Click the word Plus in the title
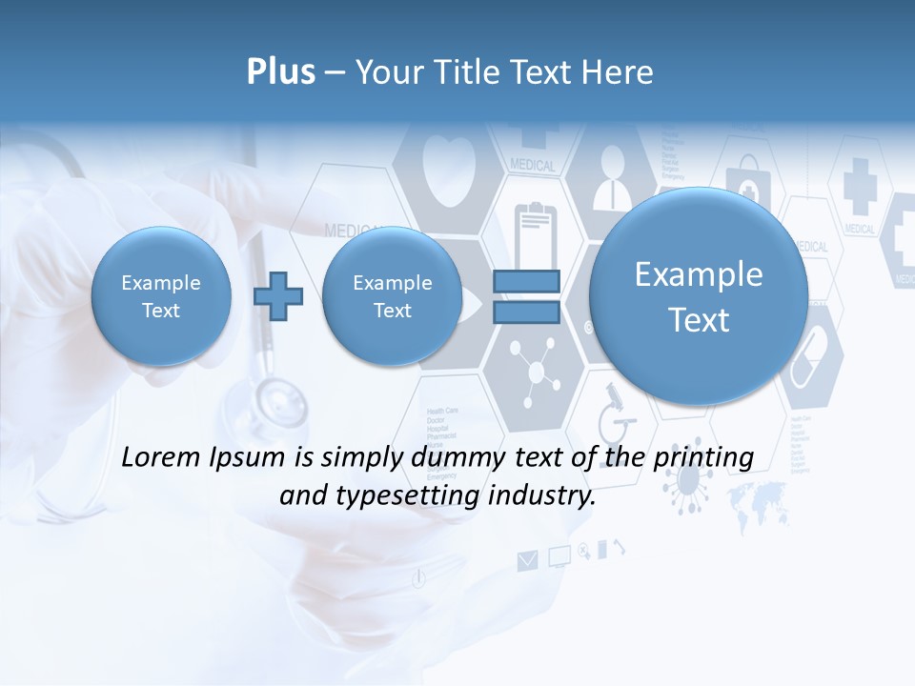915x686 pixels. pyautogui.click(x=280, y=72)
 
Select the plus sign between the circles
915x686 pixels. pyautogui.click(x=277, y=296)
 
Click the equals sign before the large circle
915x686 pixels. pyautogui.click(x=525, y=296)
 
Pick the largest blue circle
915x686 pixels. pyautogui.click(x=699, y=296)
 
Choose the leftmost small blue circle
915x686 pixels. pyautogui.click(x=161, y=296)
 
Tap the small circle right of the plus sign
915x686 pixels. pyautogui.click(x=392, y=296)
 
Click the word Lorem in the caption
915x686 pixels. pyautogui.click(x=161, y=457)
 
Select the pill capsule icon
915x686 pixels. pyautogui.click(x=812, y=358)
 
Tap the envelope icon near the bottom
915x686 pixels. pyautogui.click(x=527, y=560)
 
